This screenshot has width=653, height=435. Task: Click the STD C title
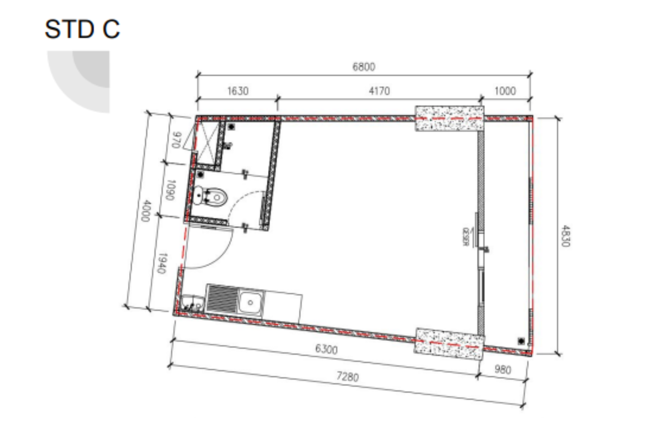[82, 29]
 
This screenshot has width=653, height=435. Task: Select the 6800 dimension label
[364, 67]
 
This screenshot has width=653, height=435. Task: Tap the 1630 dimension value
[238, 91]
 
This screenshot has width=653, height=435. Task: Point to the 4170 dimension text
[379, 91]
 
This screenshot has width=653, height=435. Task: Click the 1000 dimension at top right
[505, 91]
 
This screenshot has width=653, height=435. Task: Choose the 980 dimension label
[503, 370]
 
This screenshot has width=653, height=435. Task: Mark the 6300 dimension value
[326, 349]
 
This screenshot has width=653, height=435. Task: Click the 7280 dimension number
[348, 377]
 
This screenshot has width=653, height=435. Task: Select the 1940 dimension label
[162, 263]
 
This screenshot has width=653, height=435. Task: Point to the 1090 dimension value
[170, 190]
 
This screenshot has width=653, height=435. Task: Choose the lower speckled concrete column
[449, 344]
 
